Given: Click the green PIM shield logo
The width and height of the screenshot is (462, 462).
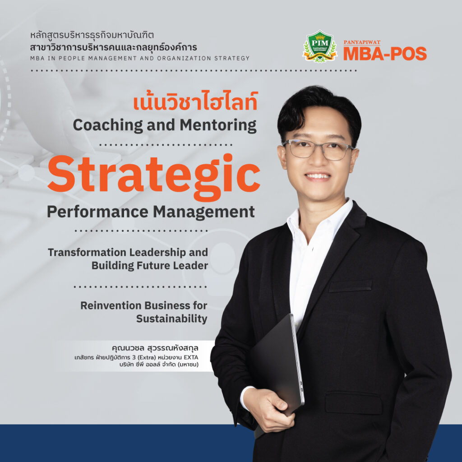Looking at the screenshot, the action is (320, 46).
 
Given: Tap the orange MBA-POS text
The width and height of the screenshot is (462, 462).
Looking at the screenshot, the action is (385, 54).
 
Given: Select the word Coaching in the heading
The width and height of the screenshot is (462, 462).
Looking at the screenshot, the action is (108, 125).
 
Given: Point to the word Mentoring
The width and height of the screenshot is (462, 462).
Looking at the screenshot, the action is (218, 125).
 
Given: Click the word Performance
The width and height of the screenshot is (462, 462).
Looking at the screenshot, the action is (97, 212).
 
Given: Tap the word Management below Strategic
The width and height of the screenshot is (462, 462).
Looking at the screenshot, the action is (203, 212).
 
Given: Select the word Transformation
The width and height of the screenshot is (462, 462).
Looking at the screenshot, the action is (87, 253).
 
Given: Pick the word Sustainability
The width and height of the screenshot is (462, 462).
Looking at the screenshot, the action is (172, 319).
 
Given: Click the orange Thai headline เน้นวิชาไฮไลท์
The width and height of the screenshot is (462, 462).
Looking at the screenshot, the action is (196, 102).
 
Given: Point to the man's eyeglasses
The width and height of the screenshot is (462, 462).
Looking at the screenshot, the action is (318, 149).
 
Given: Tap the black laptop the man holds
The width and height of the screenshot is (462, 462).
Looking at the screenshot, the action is (277, 371).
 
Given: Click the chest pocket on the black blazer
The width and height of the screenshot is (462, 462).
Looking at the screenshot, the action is (350, 286).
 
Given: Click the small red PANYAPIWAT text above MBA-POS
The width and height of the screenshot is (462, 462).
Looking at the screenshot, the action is (362, 42).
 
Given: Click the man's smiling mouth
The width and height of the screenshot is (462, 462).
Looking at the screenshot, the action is (318, 176).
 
